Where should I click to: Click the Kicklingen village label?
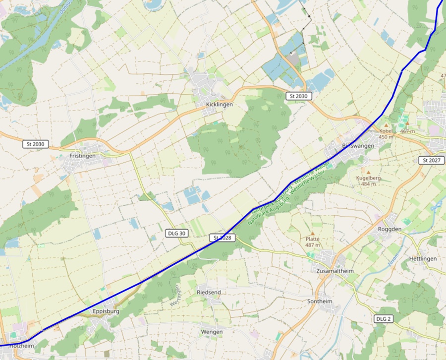point(219,105)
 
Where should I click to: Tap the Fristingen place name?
point(82,156)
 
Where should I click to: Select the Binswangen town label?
point(358,146)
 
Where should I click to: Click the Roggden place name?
point(389,230)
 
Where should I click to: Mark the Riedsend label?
point(209,293)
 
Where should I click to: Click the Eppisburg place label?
point(106,311)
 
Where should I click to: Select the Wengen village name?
point(212,332)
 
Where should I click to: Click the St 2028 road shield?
point(223,238)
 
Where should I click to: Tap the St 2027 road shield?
point(432,160)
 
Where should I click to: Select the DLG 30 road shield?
point(176,233)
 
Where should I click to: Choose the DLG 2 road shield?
point(383,318)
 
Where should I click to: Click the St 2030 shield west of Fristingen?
point(36,144)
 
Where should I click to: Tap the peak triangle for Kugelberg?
point(368,172)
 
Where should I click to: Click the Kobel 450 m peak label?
point(386,134)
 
